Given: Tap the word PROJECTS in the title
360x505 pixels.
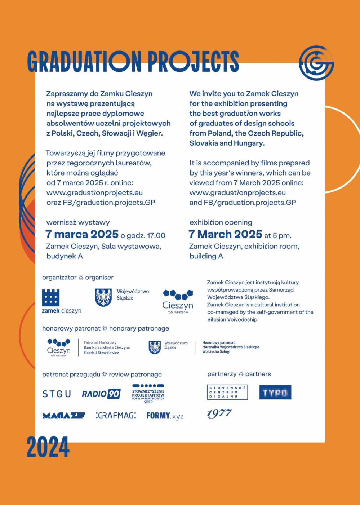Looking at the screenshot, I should (x=193, y=61).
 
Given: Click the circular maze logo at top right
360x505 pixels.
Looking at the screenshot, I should (x=316, y=63).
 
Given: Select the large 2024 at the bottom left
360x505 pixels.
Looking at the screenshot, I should (x=48, y=447).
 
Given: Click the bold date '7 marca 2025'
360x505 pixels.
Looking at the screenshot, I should (x=82, y=235).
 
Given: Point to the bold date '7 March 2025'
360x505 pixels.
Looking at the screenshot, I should (x=226, y=235).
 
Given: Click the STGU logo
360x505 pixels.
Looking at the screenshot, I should (x=57, y=394).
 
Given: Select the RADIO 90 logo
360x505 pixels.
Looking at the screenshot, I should (x=101, y=394).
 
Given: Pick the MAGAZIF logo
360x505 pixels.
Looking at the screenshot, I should (x=64, y=416).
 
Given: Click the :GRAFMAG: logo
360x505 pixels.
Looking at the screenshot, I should (x=116, y=416).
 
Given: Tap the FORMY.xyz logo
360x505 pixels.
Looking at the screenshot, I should (x=165, y=416).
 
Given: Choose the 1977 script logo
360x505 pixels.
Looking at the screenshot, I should (x=219, y=413).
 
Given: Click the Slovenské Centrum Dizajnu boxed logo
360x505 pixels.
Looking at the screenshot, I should (x=227, y=392).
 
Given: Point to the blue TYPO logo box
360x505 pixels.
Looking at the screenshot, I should (x=275, y=393).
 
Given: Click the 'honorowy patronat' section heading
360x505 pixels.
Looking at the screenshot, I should (x=71, y=328).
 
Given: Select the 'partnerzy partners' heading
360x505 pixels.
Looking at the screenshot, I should (x=239, y=374).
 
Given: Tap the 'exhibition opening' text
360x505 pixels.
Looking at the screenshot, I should (x=221, y=222).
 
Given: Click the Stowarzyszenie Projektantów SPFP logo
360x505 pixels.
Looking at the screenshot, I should (x=148, y=394).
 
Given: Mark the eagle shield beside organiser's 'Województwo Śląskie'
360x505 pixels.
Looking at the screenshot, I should (x=103, y=297).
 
